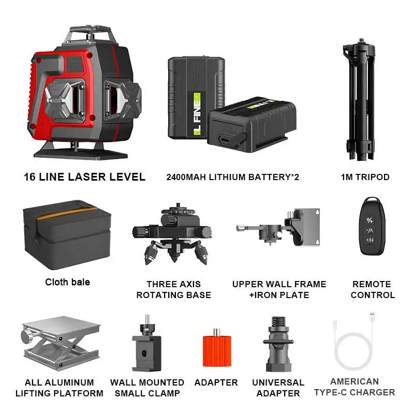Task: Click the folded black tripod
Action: pos(365,98)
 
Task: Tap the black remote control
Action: pos(370,225)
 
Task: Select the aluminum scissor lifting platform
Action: pos(61,343)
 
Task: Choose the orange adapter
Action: pos(216,351)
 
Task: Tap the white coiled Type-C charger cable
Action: pos(353,347)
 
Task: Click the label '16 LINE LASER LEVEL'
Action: pos(84,177)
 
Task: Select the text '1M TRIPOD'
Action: pos(365,177)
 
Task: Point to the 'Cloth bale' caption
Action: pos(67,282)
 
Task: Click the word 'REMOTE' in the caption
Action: pos(372,284)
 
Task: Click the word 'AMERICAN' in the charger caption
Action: pos(354,381)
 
